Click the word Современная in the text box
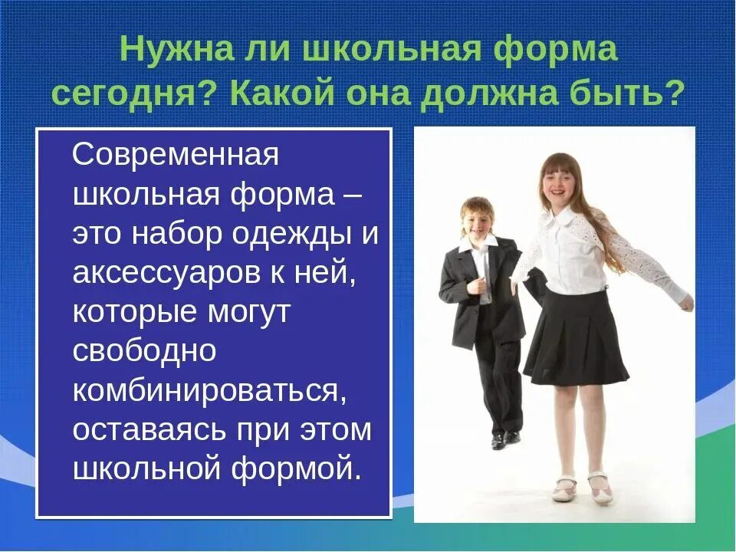coord(175,156)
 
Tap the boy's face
coord(478,220)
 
